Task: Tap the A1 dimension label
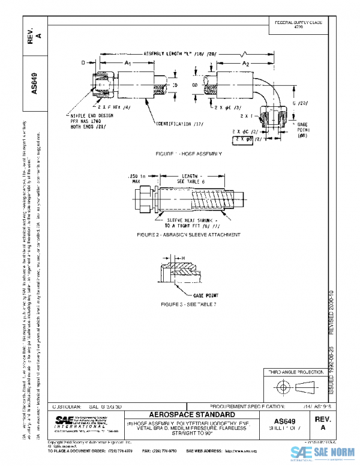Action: pyautogui.click(x=127, y=62)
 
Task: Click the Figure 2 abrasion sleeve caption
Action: pyautogui.click(x=188, y=234)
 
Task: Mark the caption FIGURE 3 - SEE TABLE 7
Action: pyautogui.click(x=188, y=305)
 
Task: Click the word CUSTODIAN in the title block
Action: pyautogui.click(x=62, y=407)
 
